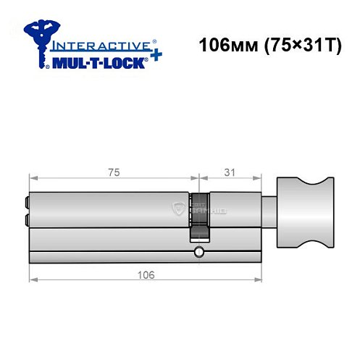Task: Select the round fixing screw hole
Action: point(198,253)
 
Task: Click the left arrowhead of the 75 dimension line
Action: point(31,180)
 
